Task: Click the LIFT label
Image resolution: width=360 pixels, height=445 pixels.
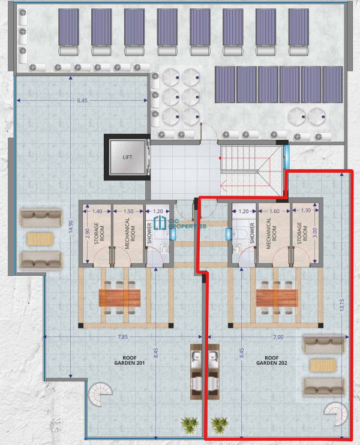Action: pos(127,157)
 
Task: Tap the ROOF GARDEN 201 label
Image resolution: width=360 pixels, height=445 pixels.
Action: pos(130,360)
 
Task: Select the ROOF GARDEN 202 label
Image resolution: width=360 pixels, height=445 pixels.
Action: pos(272,360)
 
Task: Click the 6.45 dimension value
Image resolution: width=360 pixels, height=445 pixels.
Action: pos(82,101)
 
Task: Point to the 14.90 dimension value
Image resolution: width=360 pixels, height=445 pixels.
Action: pos(71,227)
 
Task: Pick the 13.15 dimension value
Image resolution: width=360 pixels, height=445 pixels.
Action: pos(342,305)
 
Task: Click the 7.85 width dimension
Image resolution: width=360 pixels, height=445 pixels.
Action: pos(122,337)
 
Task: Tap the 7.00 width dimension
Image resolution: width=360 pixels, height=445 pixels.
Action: pos(278,337)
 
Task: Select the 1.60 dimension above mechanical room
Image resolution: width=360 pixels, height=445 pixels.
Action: pos(274,211)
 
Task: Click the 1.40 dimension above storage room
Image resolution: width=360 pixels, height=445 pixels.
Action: pos(97,211)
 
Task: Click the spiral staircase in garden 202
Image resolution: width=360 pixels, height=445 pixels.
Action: pos(336,414)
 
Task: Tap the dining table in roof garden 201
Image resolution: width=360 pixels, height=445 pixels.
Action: pos(120,298)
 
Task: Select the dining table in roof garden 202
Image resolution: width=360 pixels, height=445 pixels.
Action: pos(277,298)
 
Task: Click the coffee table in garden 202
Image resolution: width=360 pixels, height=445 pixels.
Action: pos(323,365)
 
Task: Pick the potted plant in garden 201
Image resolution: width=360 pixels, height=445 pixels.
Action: pos(190,425)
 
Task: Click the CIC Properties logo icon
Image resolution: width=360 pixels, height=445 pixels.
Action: pos(160,222)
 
